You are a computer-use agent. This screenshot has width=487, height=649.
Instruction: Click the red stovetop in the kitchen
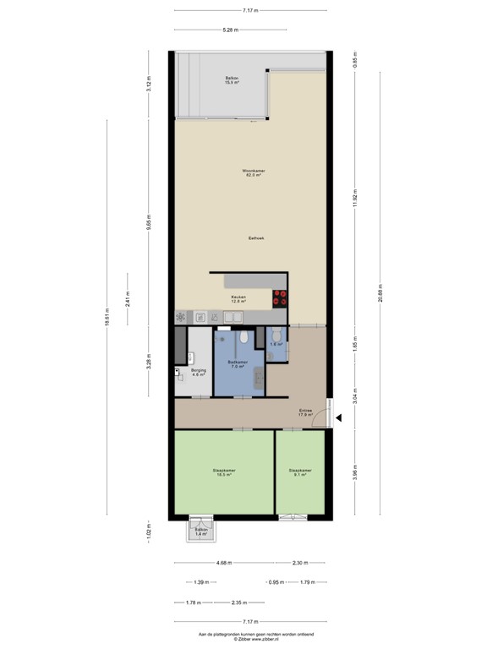281,297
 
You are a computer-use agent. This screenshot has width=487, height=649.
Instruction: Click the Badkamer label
238,363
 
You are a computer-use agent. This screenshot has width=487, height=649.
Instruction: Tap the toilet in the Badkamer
243,337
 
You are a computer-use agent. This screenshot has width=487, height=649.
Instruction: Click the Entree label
305,412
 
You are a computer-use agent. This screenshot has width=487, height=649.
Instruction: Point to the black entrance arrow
337,416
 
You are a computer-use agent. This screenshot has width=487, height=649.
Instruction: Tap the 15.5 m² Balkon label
222,80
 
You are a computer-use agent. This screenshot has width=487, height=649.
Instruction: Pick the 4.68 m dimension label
223,563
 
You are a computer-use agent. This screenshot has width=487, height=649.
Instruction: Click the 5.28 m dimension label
230,30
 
